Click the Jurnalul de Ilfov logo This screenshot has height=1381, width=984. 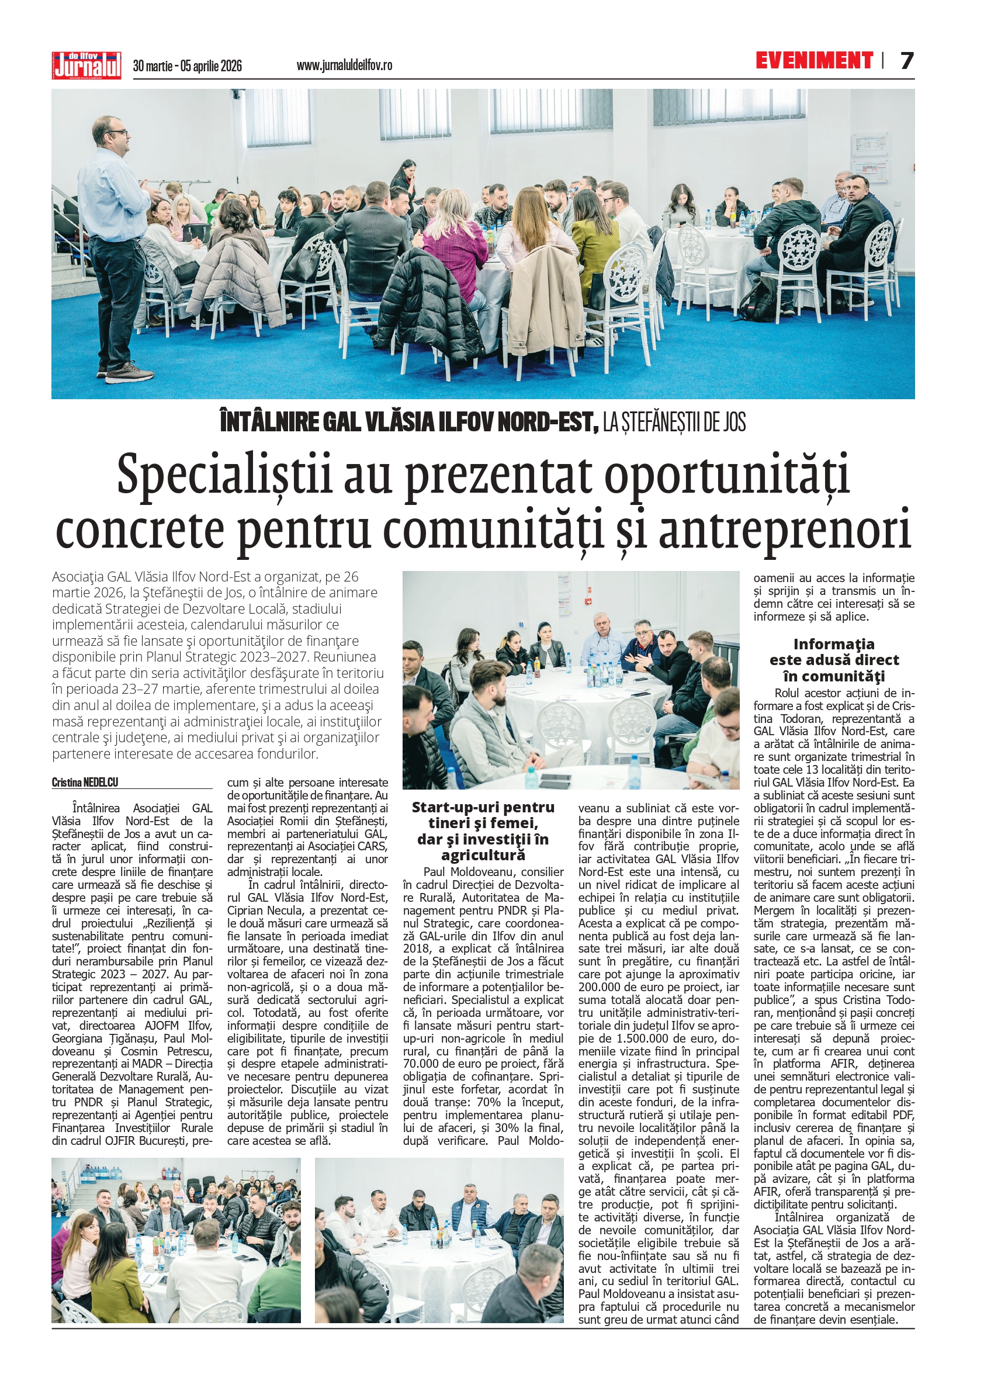click(86, 65)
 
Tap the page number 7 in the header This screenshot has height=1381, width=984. click(906, 61)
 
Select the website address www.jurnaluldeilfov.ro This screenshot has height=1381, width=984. click(344, 65)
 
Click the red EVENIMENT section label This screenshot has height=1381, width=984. click(814, 60)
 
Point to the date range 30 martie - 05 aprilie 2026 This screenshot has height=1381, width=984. click(187, 66)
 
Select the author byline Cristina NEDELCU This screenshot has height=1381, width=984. click(85, 783)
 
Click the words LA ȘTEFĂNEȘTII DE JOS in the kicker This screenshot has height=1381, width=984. click(674, 423)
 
